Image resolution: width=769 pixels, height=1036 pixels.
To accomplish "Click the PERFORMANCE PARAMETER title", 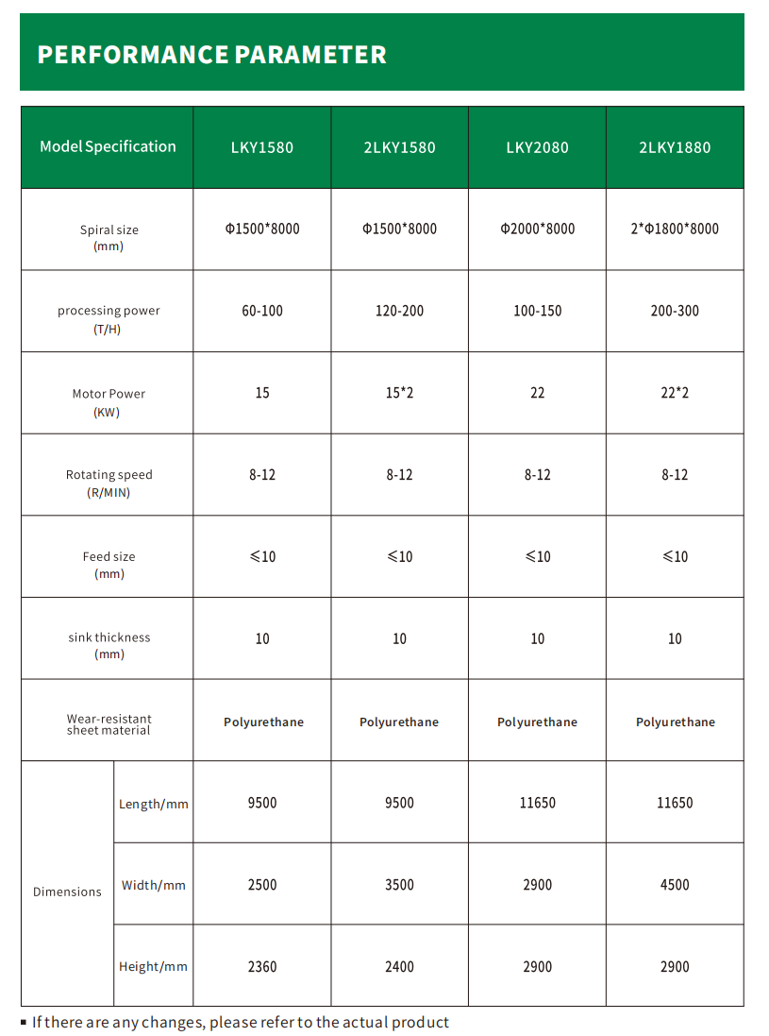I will pos(211,55).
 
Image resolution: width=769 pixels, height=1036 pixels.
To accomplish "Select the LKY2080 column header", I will pos(537,147).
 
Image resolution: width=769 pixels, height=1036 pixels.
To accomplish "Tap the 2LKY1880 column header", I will pos(675,147).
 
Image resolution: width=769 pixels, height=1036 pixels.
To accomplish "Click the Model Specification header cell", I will pos(108,146).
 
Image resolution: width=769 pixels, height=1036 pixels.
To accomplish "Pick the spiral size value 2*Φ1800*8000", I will pos(675,229).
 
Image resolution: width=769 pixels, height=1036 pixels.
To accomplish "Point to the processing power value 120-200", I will pos(399,311).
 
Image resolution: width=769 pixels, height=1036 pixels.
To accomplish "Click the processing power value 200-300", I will pos(675,311).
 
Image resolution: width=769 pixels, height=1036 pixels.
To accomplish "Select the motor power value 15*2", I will pos(399,393).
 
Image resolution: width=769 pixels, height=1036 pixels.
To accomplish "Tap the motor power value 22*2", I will pos(675,393).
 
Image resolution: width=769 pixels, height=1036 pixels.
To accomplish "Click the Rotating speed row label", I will pos(109,483).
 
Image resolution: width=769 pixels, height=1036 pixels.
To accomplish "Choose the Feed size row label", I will pos(109,565).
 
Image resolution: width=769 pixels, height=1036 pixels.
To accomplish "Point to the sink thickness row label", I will pos(109,646).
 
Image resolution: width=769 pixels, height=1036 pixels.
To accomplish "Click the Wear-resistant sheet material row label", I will pos(109,724).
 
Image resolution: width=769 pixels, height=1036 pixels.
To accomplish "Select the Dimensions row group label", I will pos(67,892).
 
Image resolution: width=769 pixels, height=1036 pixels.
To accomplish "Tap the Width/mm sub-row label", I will pos(154,886).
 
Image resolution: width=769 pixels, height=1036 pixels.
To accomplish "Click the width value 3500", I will pos(399,885).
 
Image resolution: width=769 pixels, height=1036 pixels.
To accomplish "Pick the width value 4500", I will pos(675,885).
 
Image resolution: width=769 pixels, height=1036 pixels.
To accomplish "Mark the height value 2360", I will pos(262,967).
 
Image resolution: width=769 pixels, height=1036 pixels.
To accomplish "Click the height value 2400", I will pos(399,967).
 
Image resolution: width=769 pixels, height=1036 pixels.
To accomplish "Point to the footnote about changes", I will pos(240,1022).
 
